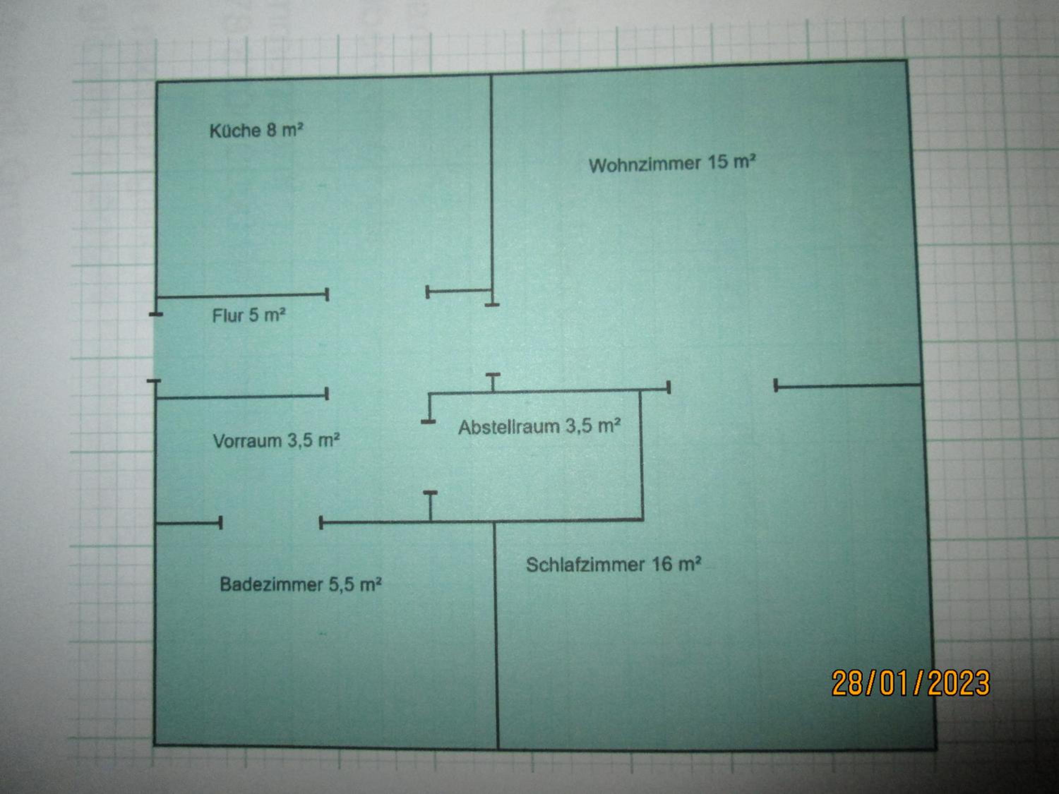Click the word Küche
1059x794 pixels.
tap(235, 131)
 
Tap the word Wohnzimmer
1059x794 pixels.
tap(644, 165)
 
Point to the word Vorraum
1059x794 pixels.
tap(247, 441)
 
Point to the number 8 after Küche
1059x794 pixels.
tap(271, 130)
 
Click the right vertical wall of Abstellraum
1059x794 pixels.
tap(641, 455)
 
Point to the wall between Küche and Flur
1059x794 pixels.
tap(242, 296)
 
